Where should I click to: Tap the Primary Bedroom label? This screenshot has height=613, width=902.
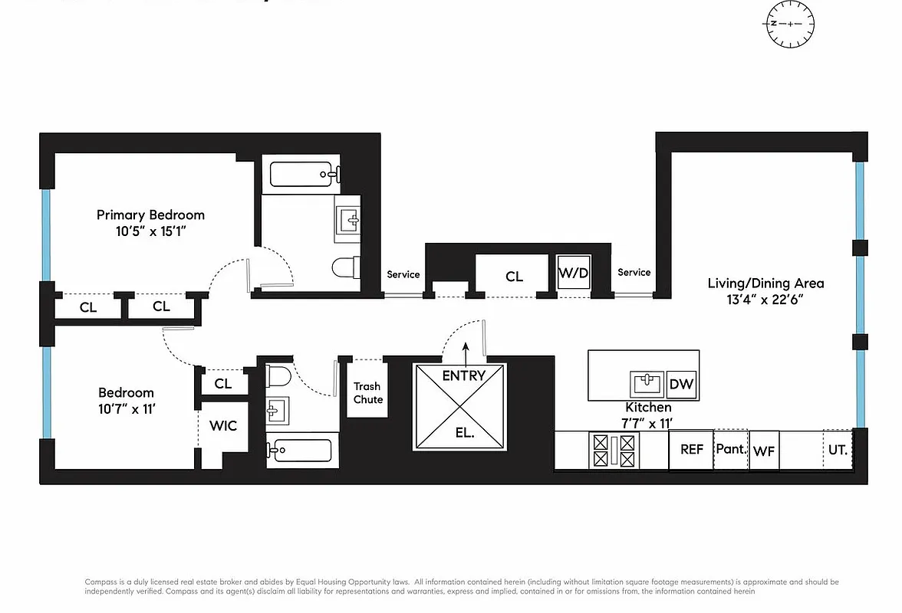[150, 215]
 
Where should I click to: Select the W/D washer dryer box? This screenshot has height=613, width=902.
[573, 273]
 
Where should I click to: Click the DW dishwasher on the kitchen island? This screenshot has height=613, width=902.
[681, 385]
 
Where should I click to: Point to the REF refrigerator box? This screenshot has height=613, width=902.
[691, 450]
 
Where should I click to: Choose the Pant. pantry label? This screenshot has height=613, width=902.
[731, 449]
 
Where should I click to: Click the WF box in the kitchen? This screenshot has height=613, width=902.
[763, 451]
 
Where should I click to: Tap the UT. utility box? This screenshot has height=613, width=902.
[838, 450]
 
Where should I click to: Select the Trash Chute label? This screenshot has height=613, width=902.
[367, 393]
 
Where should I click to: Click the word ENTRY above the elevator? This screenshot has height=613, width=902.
[463, 375]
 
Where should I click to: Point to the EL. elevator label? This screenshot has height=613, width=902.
[464, 432]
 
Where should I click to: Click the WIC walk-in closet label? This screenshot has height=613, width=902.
[223, 425]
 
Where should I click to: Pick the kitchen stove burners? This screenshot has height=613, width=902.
[613, 451]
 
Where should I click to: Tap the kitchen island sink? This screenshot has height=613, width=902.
[647, 382]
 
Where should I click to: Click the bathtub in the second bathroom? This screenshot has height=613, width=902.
[301, 450]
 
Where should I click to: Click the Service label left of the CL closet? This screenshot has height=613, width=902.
[403, 274]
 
